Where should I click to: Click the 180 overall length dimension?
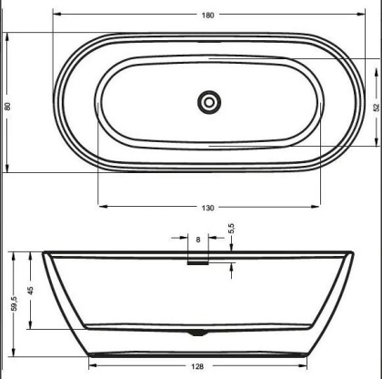[209, 15]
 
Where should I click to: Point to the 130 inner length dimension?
[209, 208]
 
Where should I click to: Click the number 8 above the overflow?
[197, 240]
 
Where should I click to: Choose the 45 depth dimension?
[31, 291]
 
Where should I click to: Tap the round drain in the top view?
[209, 101]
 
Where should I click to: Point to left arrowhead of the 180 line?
[56, 15]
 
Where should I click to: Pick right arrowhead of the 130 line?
[319, 208]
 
